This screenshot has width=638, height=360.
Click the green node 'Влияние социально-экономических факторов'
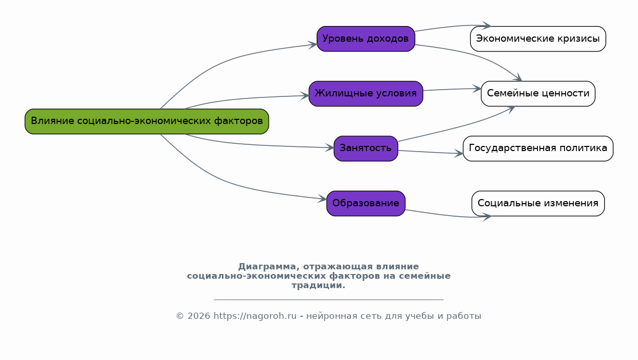pos(146,121)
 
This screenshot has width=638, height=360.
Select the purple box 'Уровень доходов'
pos(366,39)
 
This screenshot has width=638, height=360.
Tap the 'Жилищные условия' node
pos(366,94)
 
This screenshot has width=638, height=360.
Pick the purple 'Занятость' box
pos(366,148)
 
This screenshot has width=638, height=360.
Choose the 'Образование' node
pos(366,203)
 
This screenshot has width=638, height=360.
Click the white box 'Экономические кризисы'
pos(537,39)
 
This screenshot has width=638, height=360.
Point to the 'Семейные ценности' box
pos(537,94)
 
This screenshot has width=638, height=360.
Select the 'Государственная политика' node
pos(537,148)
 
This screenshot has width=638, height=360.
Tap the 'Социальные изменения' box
pos(537,203)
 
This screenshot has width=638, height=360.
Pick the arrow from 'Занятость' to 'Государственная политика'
pos(430,152)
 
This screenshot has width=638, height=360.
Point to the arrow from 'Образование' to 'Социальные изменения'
pos(448,215)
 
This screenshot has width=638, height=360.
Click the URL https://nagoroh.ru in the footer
pos(255,316)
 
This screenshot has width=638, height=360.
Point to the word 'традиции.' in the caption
pos(318,285)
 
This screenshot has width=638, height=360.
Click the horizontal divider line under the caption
pos(328,300)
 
